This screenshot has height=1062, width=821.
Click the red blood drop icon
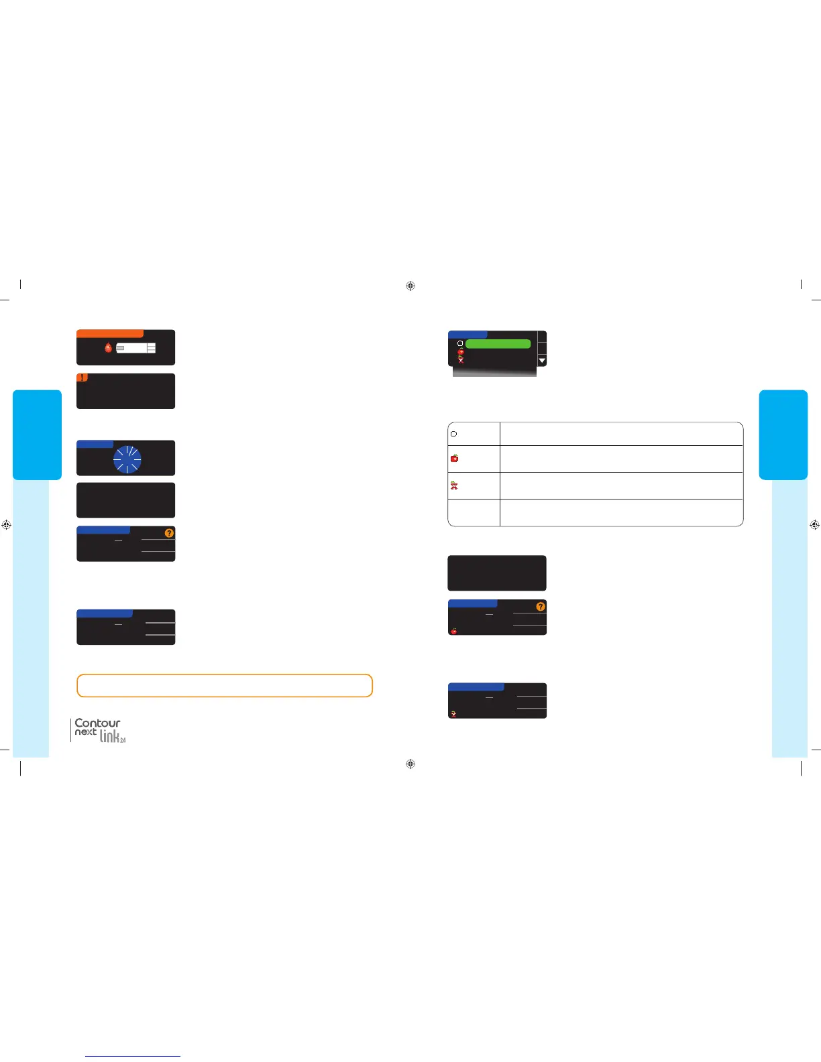108,348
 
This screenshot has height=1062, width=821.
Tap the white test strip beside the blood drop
135,348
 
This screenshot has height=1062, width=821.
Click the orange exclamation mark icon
82,377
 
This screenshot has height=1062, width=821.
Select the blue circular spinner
127,459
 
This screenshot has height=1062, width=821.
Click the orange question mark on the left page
169,533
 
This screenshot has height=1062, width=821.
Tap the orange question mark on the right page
541,606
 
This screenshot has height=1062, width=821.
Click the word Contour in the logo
97,723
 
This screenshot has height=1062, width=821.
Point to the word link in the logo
111,736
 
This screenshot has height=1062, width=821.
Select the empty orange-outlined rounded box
225,685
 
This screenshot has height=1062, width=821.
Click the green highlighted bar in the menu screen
498,343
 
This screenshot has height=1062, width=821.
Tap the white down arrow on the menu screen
542,361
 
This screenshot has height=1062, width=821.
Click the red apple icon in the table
454,459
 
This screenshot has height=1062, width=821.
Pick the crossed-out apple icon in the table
454,485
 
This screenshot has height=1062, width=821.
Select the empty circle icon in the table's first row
454,434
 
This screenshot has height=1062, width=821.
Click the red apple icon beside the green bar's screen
461,351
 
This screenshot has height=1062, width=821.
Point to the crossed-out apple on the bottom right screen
454,714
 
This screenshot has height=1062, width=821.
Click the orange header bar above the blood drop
110,333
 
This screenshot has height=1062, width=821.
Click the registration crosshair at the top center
410,286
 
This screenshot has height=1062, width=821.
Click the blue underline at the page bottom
133,1057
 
